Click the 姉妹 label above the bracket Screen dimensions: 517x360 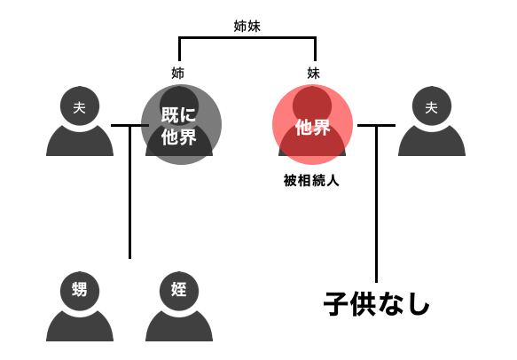pyautogui.click(x=247, y=26)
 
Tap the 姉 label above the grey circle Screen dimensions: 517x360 pyautogui.click(x=177, y=73)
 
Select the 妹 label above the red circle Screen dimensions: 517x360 pyautogui.click(x=313, y=73)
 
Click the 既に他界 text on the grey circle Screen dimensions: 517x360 pyautogui.click(x=179, y=126)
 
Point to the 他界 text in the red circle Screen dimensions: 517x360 pyautogui.click(x=312, y=128)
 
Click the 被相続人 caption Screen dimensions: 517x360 pyautogui.click(x=311, y=181)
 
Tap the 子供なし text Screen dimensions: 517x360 pyautogui.click(x=377, y=304)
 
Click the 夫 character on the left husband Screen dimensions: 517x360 pyautogui.click(x=80, y=107)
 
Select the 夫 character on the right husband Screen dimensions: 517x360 pyautogui.click(x=431, y=107)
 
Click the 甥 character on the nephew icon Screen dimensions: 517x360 pyautogui.click(x=80, y=289)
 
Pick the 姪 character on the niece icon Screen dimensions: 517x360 pyautogui.click(x=179, y=289)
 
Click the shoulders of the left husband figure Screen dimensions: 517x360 pyautogui.click(x=80, y=141)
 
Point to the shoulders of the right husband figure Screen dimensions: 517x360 pyautogui.click(x=432, y=141)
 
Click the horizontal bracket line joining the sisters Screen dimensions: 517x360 pyautogui.click(x=247, y=37)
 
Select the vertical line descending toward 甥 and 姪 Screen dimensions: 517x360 pyautogui.click(x=129, y=192)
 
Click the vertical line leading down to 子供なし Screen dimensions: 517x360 pyautogui.click(x=376, y=204)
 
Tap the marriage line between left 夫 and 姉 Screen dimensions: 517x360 pyautogui.click(x=129, y=125)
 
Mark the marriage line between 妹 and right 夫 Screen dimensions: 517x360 pyautogui.click(x=376, y=125)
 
